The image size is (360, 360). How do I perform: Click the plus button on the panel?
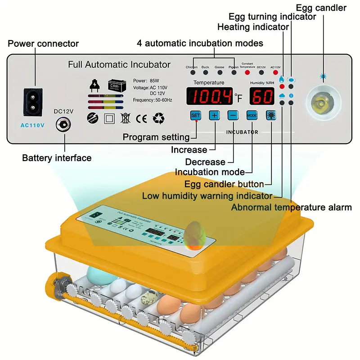pos(214,115)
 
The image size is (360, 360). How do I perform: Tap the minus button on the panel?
pos(233,115)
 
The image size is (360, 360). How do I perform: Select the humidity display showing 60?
pos(262,96)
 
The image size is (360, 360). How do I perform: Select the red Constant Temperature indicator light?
pos(247,72)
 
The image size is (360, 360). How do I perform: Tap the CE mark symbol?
pos(141,118)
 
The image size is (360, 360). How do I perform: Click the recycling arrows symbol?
pos(159,118)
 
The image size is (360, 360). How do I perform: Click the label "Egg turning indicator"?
pos(272,17)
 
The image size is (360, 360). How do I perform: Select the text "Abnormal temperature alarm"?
pos(291,207)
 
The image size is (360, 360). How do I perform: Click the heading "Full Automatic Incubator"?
pos(119,64)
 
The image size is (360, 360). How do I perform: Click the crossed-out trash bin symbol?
pos(126,118)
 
